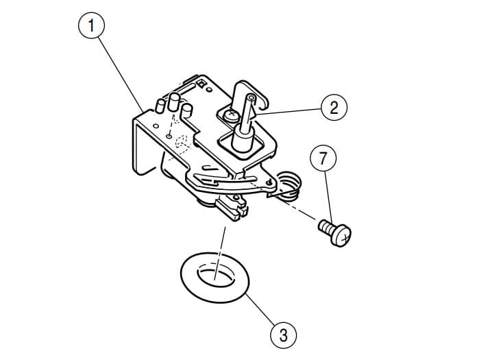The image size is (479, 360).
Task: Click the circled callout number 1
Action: coord(91,25)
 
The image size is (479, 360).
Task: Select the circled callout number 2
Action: coord(334,107)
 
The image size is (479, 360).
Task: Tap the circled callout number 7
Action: coord(323,158)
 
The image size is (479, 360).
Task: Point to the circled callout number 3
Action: coord(284,335)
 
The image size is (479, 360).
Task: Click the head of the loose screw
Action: coord(341,235)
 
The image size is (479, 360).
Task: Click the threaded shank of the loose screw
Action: coord(326,227)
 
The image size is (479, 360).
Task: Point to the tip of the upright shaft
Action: coord(251,97)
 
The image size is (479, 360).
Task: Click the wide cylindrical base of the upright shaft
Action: coord(242,141)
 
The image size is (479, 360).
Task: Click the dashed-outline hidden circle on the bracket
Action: coord(182,142)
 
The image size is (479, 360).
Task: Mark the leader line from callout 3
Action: coord(262,309)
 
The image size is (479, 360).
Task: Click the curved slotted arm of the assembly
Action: coord(232,182)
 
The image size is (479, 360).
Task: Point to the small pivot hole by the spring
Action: coord(269,182)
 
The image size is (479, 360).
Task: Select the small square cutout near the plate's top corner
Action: coord(201,83)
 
